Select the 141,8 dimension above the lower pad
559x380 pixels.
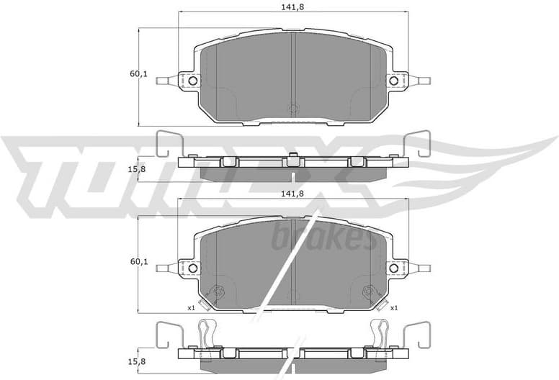(x=293, y=193)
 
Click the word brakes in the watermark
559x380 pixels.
(x=323, y=238)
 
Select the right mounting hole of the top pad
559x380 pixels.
(x=393, y=81)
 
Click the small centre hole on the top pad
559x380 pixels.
(x=292, y=110)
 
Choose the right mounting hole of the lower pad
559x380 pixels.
(x=393, y=268)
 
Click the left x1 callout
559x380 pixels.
(x=192, y=308)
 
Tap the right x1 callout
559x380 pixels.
(x=394, y=308)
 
